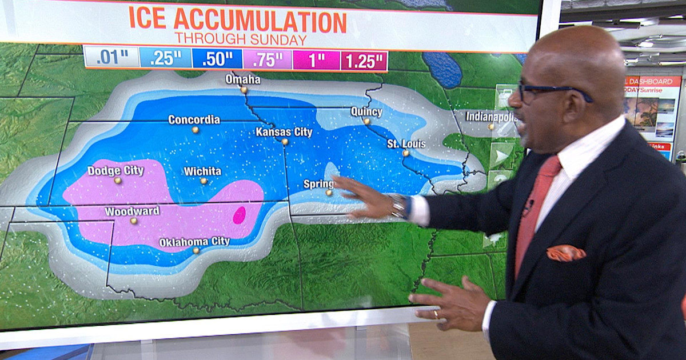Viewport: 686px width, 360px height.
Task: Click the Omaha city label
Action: (x=243, y=79)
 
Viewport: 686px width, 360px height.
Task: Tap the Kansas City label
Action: (x=284, y=132)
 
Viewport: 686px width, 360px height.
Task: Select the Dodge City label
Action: (x=113, y=170)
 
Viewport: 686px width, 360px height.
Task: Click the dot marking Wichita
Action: (x=204, y=181)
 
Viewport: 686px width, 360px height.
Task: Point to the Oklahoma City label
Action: (x=194, y=242)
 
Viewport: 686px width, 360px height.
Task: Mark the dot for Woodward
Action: (x=133, y=221)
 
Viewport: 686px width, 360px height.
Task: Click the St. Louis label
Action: (x=406, y=143)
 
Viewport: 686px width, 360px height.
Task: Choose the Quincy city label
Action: (x=366, y=111)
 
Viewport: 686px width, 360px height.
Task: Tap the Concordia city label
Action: (x=194, y=119)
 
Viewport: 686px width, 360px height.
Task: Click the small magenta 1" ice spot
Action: (x=240, y=215)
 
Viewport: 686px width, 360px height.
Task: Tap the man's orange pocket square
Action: (x=566, y=253)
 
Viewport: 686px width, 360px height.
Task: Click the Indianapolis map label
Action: (x=490, y=116)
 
